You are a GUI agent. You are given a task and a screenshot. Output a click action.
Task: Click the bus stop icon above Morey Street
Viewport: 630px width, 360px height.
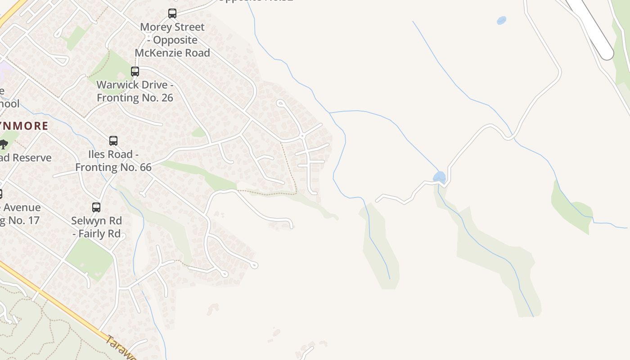[172, 13]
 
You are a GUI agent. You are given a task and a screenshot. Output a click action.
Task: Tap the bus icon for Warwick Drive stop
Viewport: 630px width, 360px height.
[135, 72]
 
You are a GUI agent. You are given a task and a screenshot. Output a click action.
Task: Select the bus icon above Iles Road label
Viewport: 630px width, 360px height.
[113, 141]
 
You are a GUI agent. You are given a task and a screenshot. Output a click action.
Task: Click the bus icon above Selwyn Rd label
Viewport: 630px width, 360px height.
[96, 207]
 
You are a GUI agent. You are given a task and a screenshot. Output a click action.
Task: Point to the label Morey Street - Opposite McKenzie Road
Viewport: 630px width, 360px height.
[172, 40]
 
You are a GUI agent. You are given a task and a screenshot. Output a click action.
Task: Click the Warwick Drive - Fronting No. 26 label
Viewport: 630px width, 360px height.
[135, 91]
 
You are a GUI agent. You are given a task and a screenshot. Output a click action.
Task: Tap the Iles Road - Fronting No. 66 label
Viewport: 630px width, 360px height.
[113, 161]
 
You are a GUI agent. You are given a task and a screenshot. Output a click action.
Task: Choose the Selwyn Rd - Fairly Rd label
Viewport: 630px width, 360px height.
[97, 227]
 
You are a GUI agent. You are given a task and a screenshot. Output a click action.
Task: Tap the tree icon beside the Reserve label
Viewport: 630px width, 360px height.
[4, 144]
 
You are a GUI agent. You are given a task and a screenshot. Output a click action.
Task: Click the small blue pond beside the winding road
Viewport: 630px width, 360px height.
[439, 177]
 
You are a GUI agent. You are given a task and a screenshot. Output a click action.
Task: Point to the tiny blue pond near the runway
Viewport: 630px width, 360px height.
[501, 20]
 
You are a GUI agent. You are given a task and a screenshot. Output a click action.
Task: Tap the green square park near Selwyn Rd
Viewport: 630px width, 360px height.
[90, 259]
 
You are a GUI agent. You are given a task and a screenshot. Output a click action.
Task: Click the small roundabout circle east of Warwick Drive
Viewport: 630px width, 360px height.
[302, 136]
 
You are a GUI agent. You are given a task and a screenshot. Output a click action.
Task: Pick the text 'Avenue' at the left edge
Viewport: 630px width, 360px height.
[22, 208]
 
